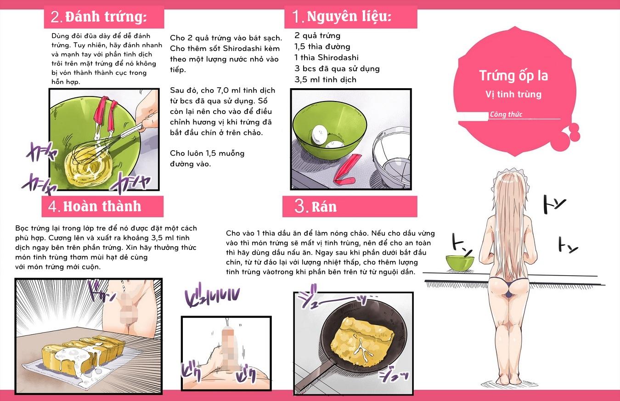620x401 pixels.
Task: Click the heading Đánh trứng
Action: click(x=106, y=17)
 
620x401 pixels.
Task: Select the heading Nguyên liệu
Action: click(x=349, y=17)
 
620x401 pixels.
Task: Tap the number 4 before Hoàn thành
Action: click(x=54, y=207)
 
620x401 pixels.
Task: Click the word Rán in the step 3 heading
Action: click(x=324, y=207)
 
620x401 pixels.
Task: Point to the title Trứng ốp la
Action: click(x=513, y=75)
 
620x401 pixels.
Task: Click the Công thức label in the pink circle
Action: click(x=506, y=114)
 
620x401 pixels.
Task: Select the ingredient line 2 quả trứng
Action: click(x=317, y=35)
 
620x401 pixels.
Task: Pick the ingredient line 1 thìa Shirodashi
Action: click(x=327, y=57)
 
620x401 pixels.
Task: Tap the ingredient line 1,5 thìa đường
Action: click(x=322, y=46)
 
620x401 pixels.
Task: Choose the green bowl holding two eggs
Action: click(x=328, y=131)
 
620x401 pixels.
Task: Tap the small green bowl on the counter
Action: click(x=459, y=262)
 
